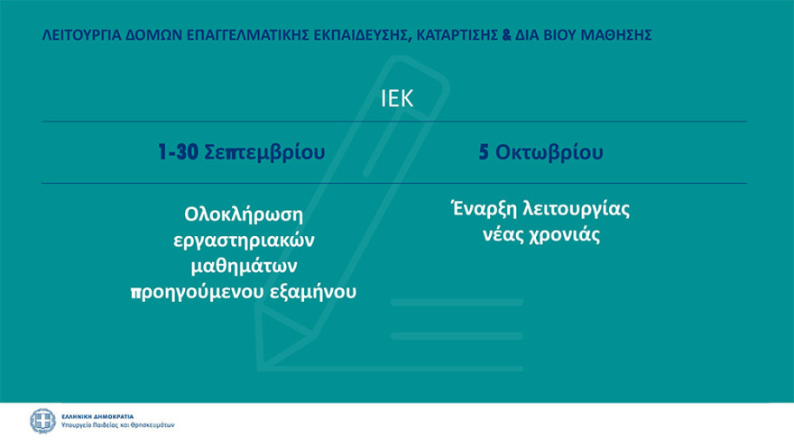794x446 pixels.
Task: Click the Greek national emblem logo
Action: [x=42, y=421]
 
